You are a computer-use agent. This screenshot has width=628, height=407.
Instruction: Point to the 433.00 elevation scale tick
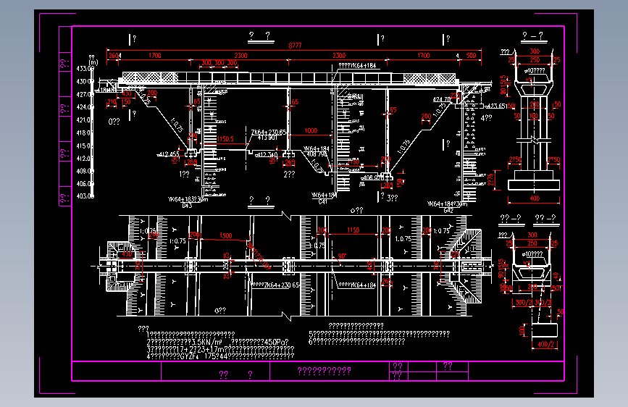point(85,69)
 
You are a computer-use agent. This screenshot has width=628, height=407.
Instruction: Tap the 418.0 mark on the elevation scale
point(85,133)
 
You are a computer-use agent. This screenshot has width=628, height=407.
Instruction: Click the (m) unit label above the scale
point(93,62)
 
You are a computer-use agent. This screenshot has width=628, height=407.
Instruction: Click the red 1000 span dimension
point(311,131)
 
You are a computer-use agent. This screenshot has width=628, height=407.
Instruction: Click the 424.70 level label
point(441,99)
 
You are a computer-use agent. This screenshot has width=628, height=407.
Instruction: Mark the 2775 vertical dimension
point(493,178)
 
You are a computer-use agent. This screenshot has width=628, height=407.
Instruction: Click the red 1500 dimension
point(225,236)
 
